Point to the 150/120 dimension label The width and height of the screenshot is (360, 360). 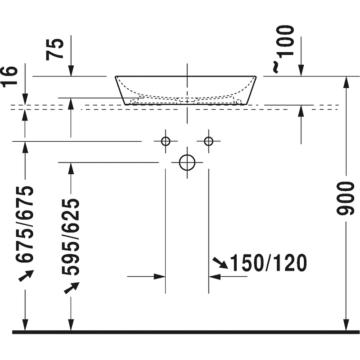[x=268, y=263]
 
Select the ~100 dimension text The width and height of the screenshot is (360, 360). [x=284, y=47]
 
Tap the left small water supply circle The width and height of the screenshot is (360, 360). [x=166, y=141]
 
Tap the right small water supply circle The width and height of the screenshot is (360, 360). [x=208, y=141]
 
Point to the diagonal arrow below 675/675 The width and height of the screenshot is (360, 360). [x=26, y=275]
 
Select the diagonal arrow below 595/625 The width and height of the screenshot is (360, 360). [x=71, y=288]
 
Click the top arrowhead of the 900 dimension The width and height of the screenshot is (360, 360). [x=346, y=81]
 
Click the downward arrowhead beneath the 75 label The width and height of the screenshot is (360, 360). [x=71, y=72]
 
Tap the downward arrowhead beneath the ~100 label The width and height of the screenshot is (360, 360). [x=301, y=72]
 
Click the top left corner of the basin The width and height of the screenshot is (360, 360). [x=116, y=76]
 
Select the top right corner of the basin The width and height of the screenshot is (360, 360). [x=256, y=76]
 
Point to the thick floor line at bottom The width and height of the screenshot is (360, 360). [x=180, y=333]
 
